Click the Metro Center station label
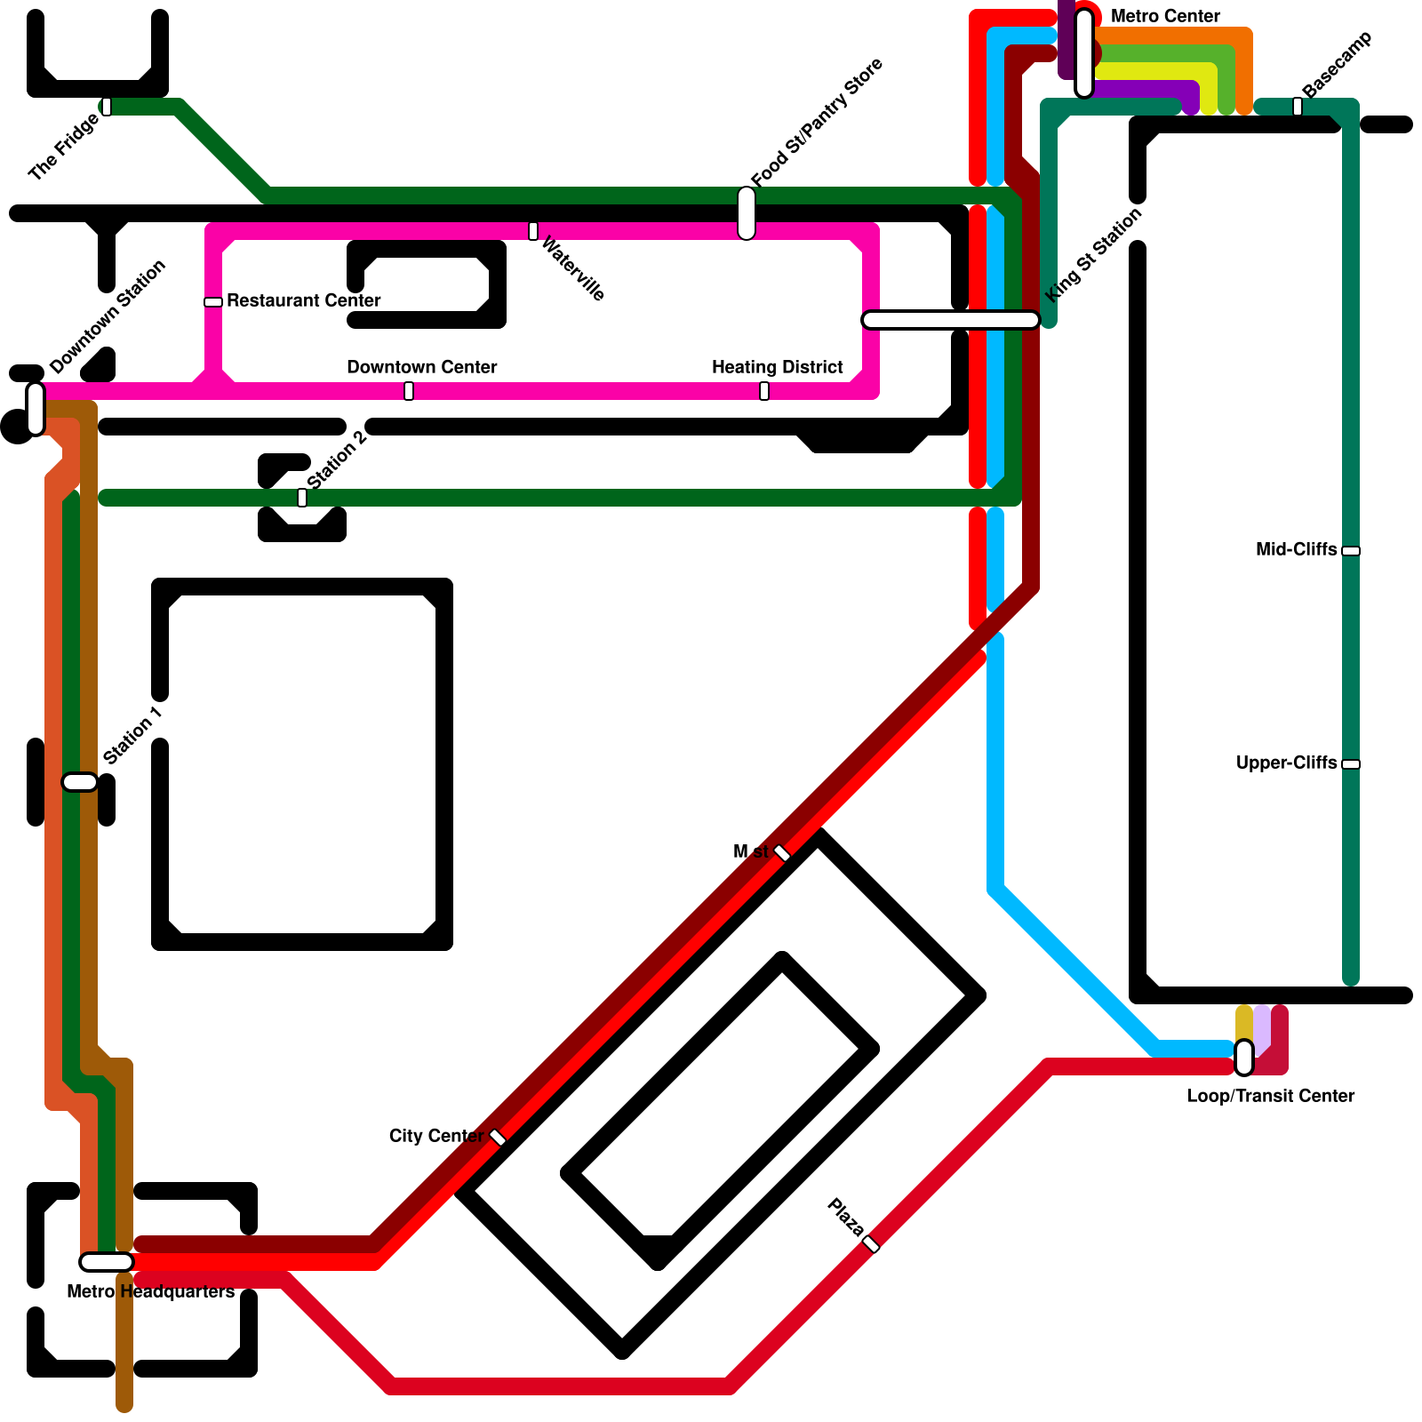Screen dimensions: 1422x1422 click(x=1165, y=16)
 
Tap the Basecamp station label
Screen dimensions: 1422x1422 click(x=1337, y=64)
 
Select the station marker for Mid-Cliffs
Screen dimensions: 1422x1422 click(x=1351, y=551)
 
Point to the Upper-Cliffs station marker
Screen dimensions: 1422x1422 click(x=1351, y=764)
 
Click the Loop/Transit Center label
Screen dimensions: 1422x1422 click(x=1271, y=1096)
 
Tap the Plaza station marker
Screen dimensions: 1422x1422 click(x=871, y=1244)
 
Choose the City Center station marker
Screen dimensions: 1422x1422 click(x=498, y=1138)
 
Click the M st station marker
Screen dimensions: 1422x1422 click(x=782, y=853)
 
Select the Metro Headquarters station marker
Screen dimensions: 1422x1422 click(x=107, y=1262)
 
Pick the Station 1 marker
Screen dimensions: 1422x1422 click(x=80, y=782)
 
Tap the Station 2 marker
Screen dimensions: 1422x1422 click(x=302, y=498)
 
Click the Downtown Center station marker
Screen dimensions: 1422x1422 click(x=409, y=391)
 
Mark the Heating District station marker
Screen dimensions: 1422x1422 click(x=764, y=391)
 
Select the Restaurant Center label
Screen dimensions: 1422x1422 click(x=303, y=300)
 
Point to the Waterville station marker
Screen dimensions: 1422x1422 click(x=533, y=231)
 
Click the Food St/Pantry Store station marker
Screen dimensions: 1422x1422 click(x=747, y=213)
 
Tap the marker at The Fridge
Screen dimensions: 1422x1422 click(x=107, y=107)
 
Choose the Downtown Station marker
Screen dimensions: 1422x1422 click(x=36, y=409)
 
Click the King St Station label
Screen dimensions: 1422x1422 click(x=1093, y=255)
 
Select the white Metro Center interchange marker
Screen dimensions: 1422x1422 click(x=1084, y=53)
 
